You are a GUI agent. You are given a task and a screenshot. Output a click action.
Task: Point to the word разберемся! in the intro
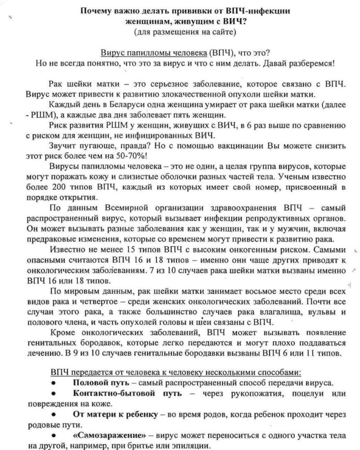(313, 63)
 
